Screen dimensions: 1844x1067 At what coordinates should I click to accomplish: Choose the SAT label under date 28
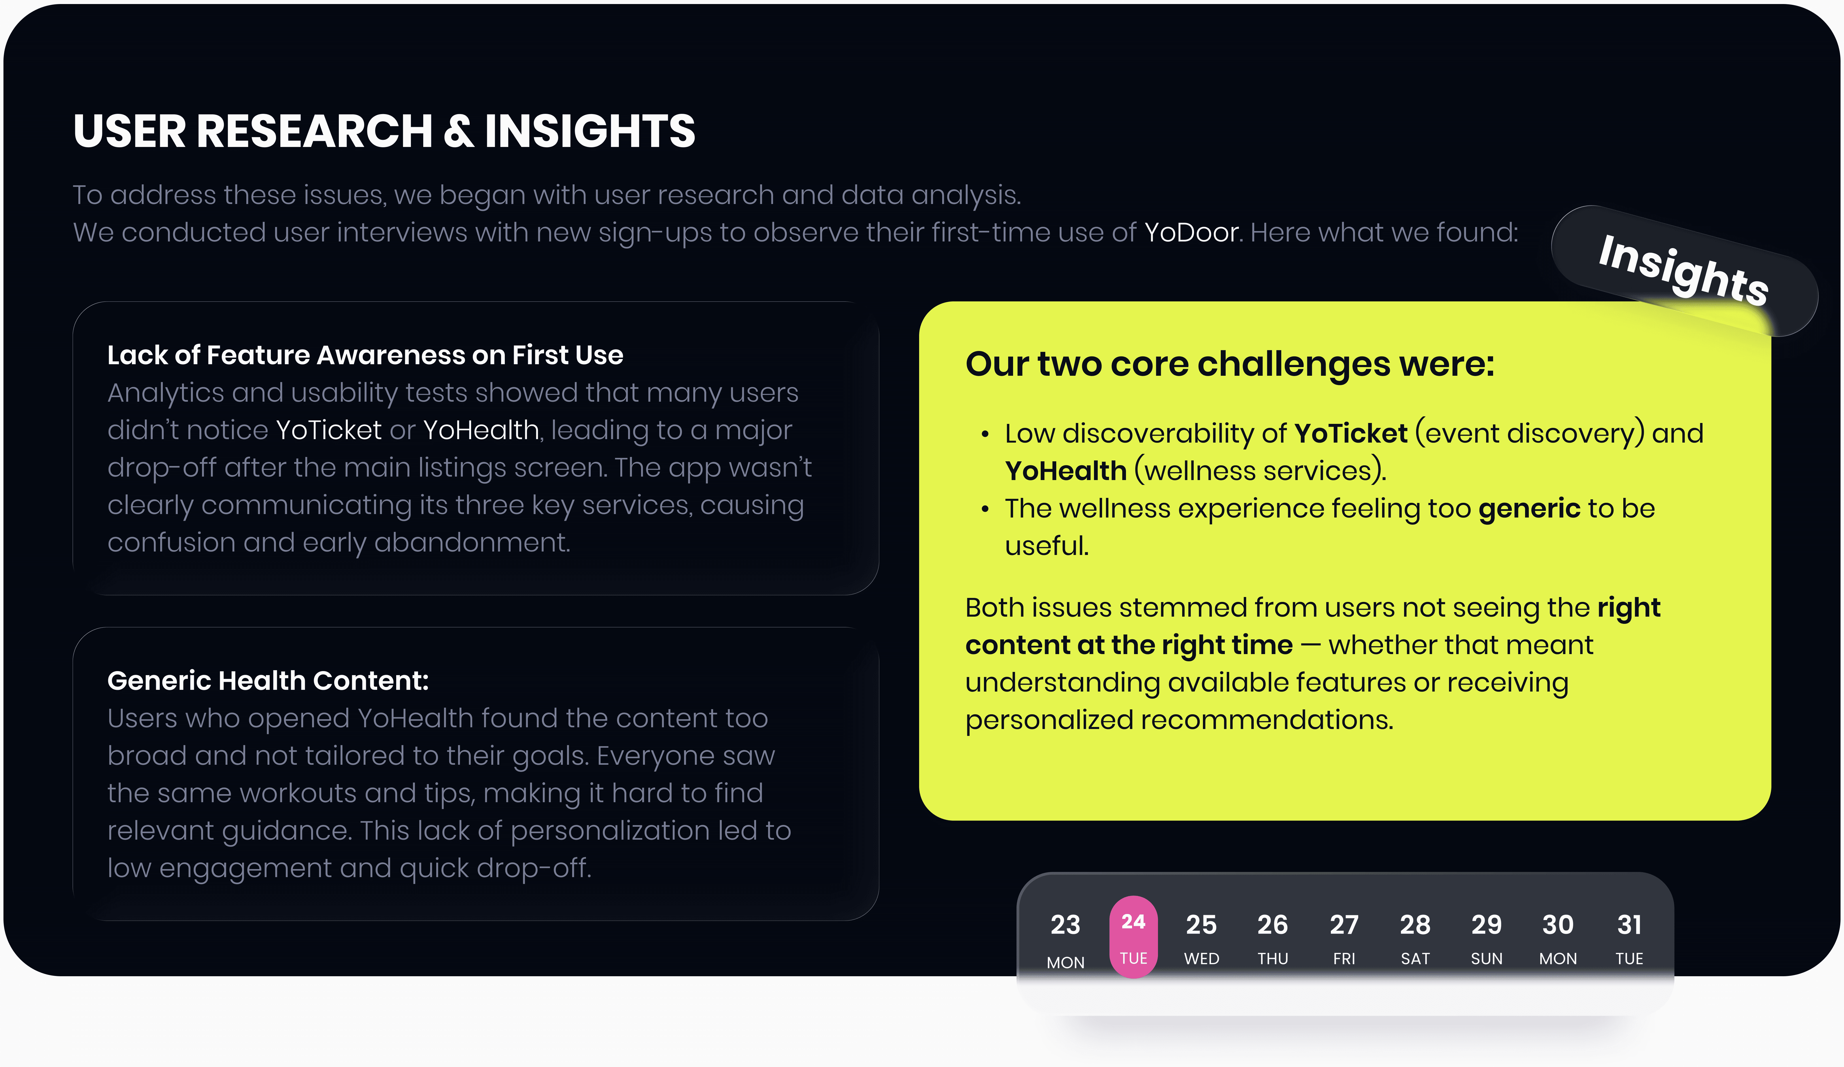1415,959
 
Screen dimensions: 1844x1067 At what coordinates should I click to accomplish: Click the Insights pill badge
1684,271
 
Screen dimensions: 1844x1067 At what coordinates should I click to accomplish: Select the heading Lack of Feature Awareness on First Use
365,355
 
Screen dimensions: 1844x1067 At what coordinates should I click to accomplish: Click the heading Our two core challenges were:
1229,364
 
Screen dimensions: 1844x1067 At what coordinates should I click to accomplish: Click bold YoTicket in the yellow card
1351,433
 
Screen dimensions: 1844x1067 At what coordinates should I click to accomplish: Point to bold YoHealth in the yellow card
1065,471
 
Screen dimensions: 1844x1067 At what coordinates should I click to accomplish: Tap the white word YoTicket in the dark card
328,430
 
